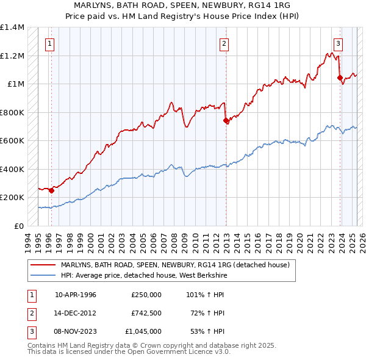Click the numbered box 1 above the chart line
tap(49, 43)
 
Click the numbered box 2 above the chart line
tap(224, 43)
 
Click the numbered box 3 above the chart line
tap(338, 43)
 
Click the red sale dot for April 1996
tap(51, 190)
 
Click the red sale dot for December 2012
tap(226, 120)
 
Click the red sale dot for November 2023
tap(340, 77)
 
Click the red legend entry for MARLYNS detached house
tap(178, 265)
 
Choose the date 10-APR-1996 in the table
tap(76, 295)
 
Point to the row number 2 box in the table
tap(30, 313)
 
